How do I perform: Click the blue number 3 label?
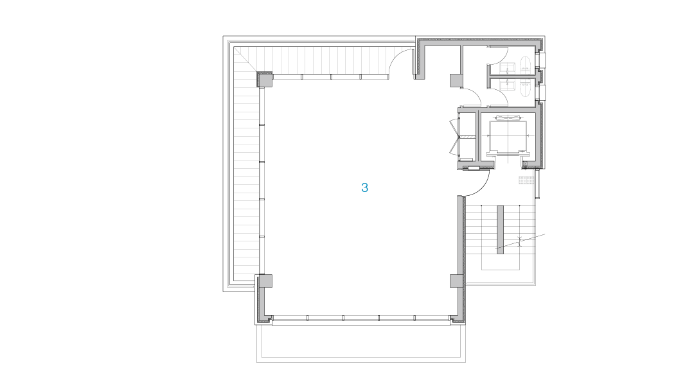click(x=364, y=188)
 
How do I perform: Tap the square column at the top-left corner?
click(x=265, y=80)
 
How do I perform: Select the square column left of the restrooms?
click(x=456, y=80)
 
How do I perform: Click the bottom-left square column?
click(x=265, y=281)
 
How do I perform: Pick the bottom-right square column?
click(x=456, y=281)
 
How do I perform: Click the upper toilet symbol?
click(x=525, y=65)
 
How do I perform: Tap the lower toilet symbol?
click(x=525, y=87)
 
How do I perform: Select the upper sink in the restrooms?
click(x=507, y=67)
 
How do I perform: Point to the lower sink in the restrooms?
click(x=507, y=85)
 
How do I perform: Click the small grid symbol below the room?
click(x=526, y=180)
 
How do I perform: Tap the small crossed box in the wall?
click(x=525, y=164)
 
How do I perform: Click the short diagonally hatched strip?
click(x=468, y=137)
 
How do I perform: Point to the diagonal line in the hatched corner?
click(x=245, y=58)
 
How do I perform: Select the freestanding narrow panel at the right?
click(x=500, y=229)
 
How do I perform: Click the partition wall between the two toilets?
click(x=514, y=76)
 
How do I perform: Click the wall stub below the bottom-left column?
click(x=262, y=302)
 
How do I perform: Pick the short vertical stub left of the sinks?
click(x=488, y=76)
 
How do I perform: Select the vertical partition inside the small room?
click(x=478, y=136)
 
